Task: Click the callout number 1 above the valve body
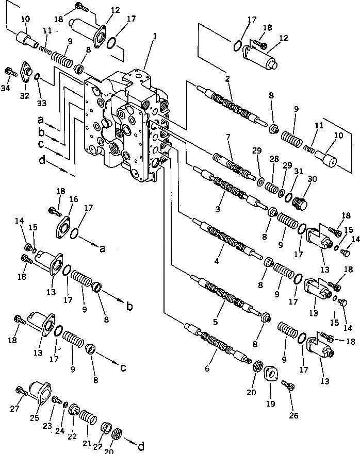point(154,37)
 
